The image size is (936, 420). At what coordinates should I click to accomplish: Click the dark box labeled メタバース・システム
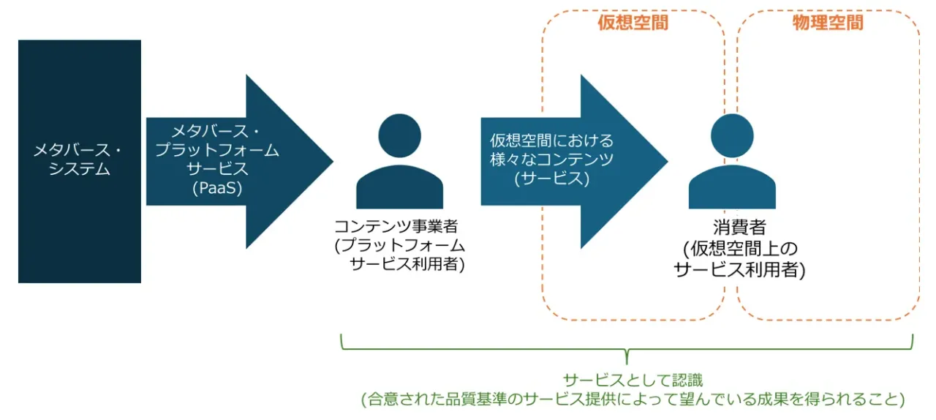(x=79, y=161)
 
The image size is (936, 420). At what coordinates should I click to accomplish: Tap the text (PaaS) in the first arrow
(x=217, y=188)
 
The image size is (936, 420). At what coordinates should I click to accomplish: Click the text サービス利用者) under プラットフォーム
(x=407, y=264)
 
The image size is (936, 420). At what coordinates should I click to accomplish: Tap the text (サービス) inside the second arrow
(x=552, y=178)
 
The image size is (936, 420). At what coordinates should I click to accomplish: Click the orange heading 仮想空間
(x=633, y=23)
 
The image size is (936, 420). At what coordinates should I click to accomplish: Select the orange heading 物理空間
(x=828, y=23)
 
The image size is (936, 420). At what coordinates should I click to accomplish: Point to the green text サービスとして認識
(x=633, y=380)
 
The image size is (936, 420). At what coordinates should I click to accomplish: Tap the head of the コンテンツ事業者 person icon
(x=399, y=135)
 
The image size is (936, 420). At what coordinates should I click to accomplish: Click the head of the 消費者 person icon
(x=732, y=135)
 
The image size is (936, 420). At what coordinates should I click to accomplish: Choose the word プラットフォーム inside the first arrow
(x=217, y=151)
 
